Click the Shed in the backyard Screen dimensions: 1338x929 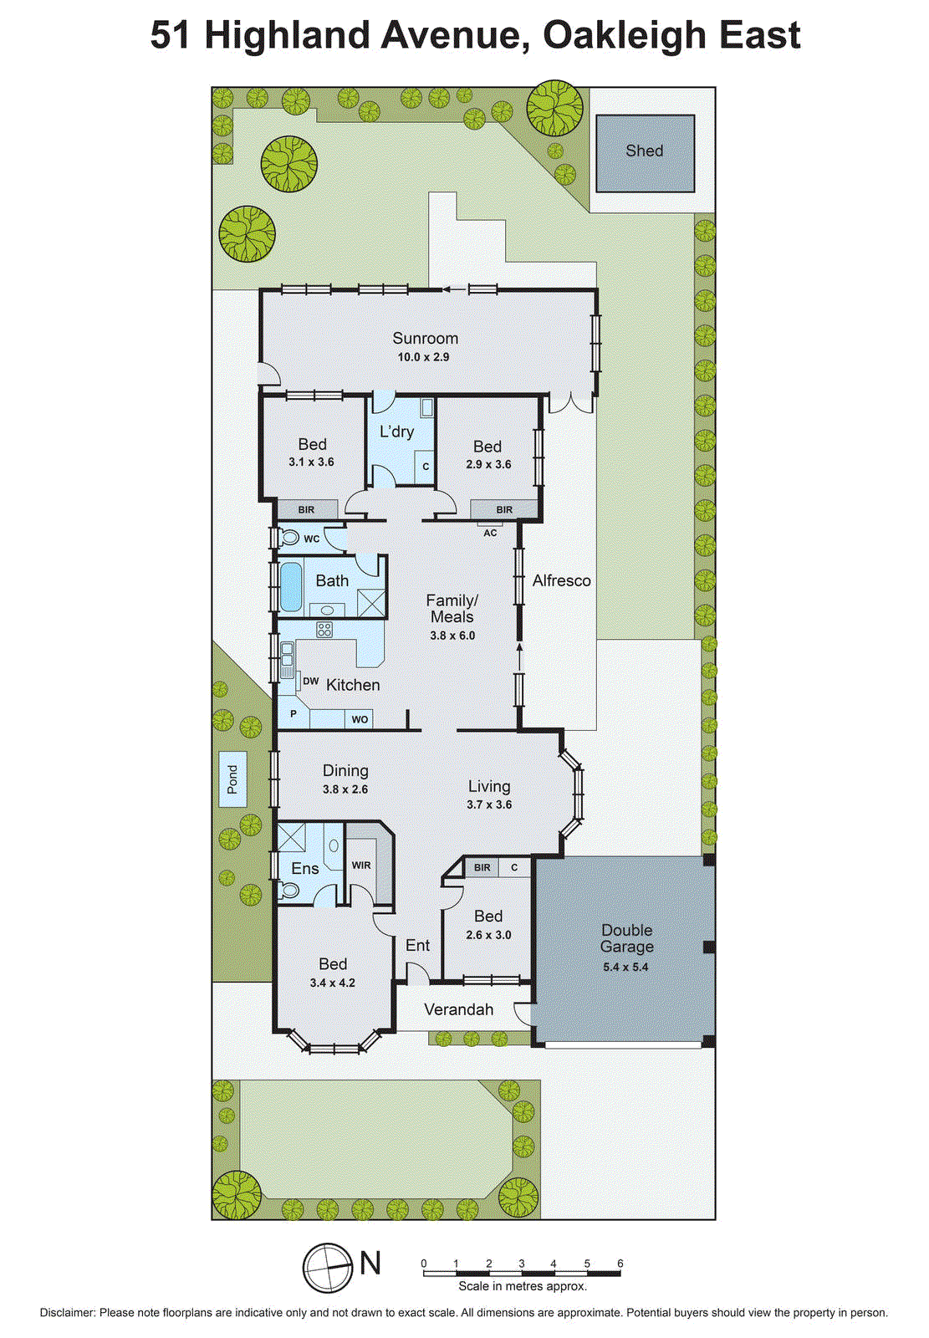click(645, 153)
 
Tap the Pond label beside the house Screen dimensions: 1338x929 click(232, 779)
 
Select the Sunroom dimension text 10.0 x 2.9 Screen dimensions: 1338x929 click(423, 357)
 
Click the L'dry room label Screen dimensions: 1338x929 click(396, 432)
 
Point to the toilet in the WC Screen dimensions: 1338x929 click(288, 537)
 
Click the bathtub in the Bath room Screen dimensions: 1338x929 click(290, 586)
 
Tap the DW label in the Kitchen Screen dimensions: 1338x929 click(311, 682)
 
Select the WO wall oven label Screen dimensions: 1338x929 click(360, 719)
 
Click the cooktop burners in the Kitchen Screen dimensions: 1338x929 click(324, 630)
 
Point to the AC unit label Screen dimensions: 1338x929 click(490, 533)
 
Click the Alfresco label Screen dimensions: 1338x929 click(561, 580)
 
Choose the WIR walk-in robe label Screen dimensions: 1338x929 click(361, 866)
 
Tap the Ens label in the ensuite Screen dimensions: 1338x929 click(304, 869)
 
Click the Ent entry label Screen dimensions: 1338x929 click(417, 945)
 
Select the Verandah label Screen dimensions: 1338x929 click(458, 1009)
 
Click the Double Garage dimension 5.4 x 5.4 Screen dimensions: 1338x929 click(625, 968)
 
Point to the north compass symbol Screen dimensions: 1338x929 click(328, 1268)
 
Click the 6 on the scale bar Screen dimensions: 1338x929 click(620, 1264)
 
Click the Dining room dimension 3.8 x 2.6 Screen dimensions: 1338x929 click(345, 789)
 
